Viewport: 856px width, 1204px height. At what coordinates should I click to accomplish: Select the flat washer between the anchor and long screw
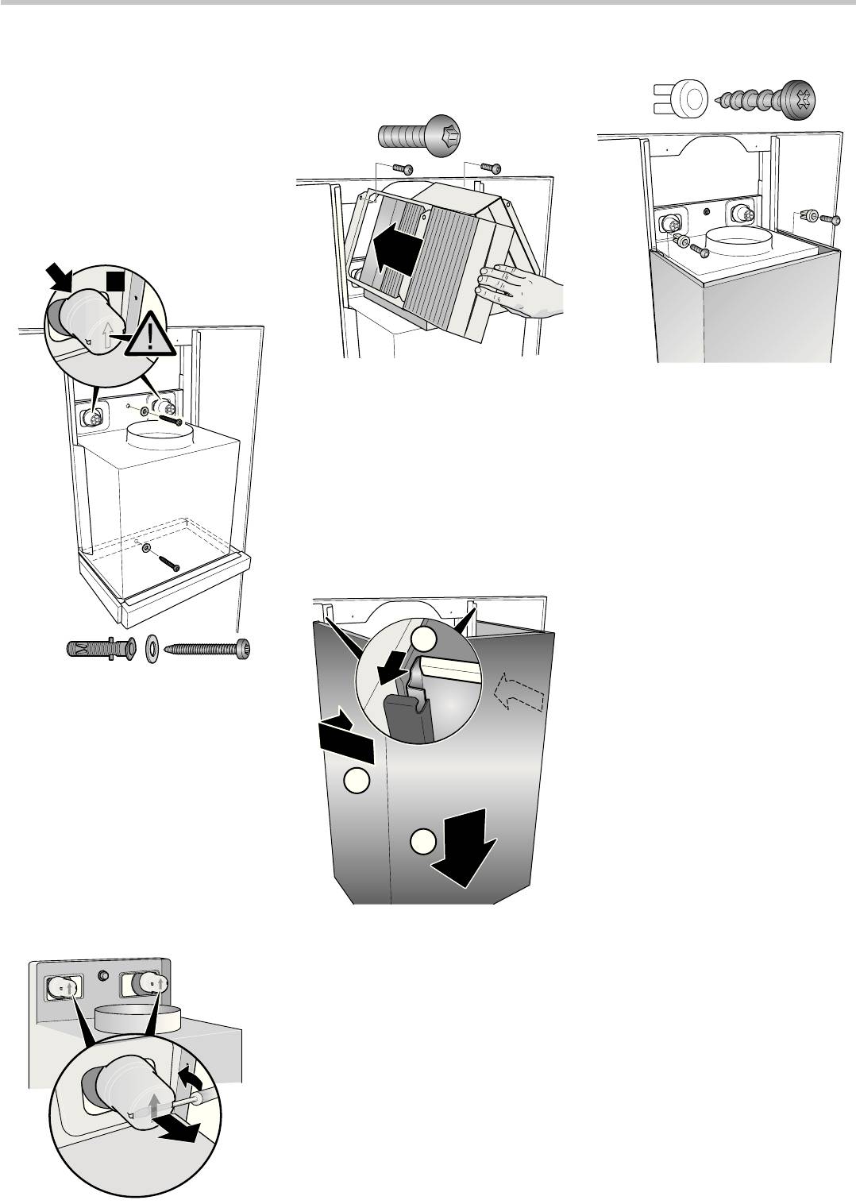pyautogui.click(x=152, y=649)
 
